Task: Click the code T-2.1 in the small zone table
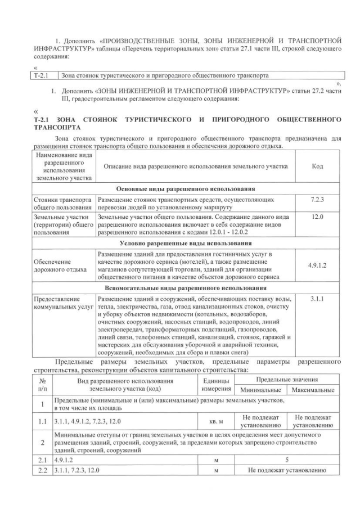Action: (43, 75)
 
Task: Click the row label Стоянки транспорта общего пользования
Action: (62, 204)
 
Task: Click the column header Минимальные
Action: (262, 390)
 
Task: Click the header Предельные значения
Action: (287, 380)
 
